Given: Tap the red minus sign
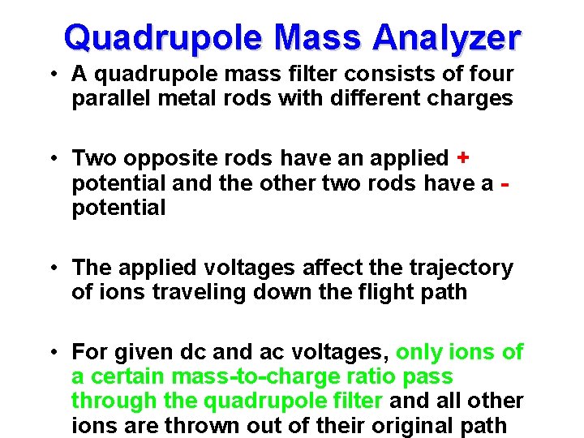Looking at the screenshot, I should click(506, 184).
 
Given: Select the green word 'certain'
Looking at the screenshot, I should click(127, 377).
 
